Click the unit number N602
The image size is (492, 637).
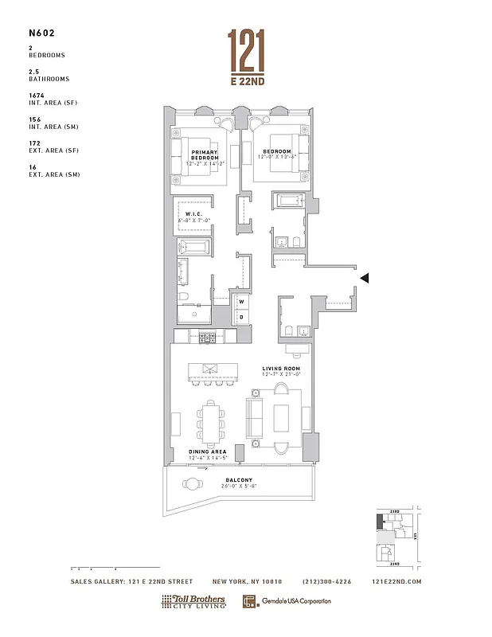[40, 35]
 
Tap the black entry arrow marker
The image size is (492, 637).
[365, 278]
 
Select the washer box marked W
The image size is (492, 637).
[241, 302]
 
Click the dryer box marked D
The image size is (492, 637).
[241, 317]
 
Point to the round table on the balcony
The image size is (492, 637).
[193, 483]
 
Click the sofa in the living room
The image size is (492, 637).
[255, 416]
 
